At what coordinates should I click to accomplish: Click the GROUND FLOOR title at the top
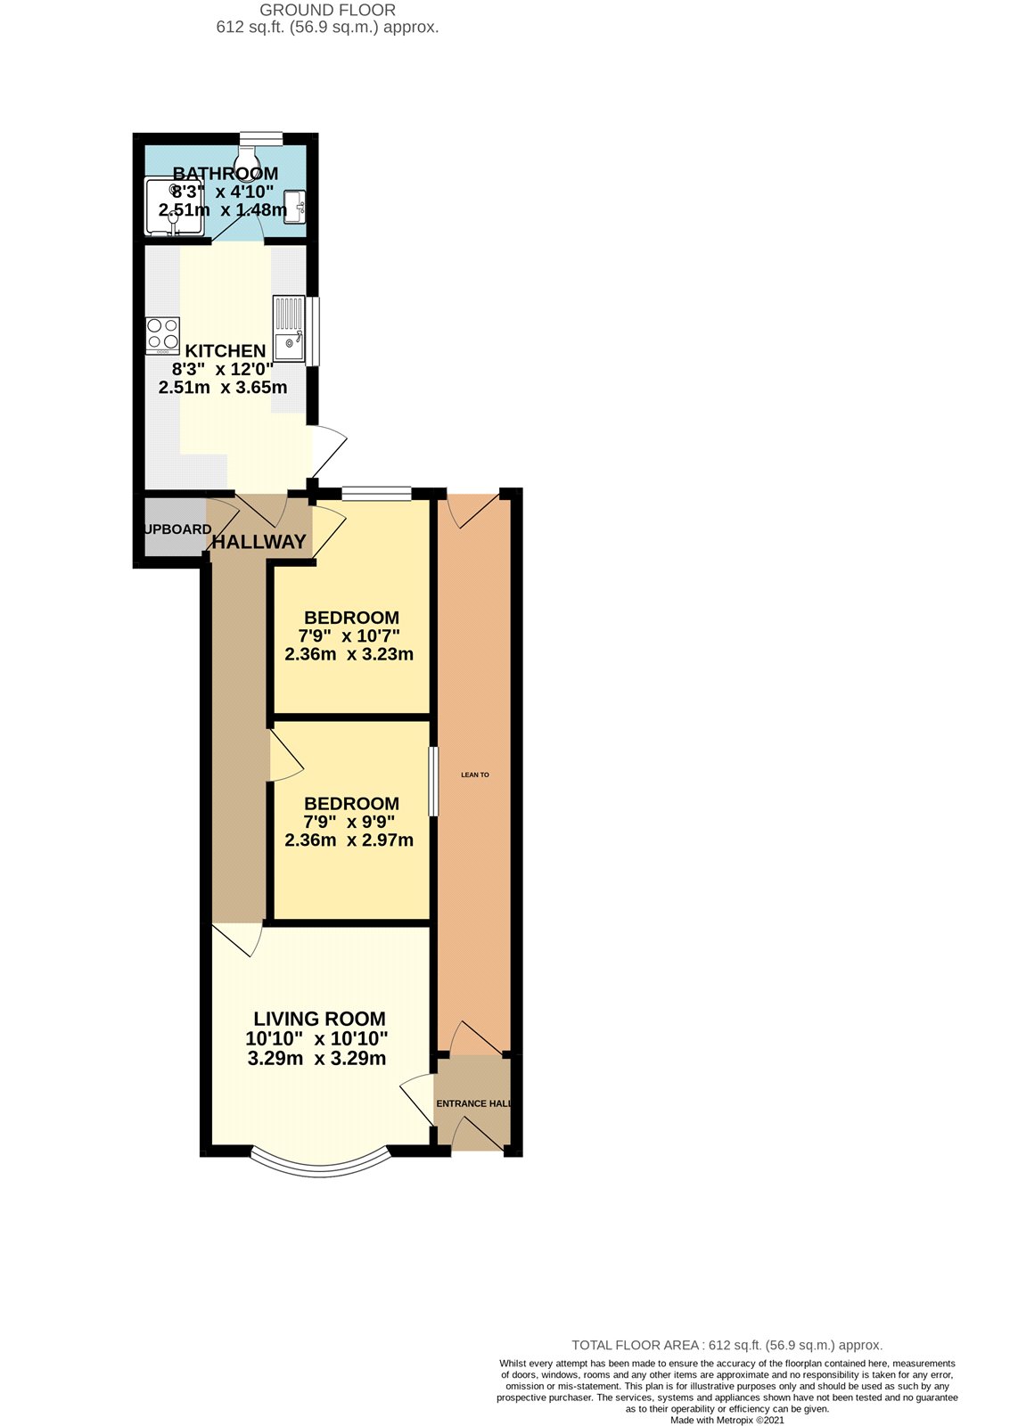(x=327, y=11)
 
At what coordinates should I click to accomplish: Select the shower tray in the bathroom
(x=175, y=207)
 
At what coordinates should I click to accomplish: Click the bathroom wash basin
(x=295, y=208)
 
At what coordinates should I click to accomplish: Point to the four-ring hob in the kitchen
(x=163, y=334)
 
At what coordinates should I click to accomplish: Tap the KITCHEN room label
(x=226, y=351)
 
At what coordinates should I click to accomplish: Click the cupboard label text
(x=177, y=529)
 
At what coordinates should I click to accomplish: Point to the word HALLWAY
(x=259, y=542)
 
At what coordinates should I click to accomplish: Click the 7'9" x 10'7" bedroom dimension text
(x=349, y=635)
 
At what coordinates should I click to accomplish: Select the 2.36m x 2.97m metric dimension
(x=349, y=840)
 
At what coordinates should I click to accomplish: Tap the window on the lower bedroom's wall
(x=433, y=782)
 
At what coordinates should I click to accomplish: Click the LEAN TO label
(x=474, y=774)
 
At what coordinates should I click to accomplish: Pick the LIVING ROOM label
(x=319, y=1019)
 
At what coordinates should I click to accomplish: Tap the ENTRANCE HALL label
(x=473, y=1103)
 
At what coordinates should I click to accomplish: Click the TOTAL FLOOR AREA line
(x=727, y=1345)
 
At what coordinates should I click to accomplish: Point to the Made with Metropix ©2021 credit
(x=727, y=1421)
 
